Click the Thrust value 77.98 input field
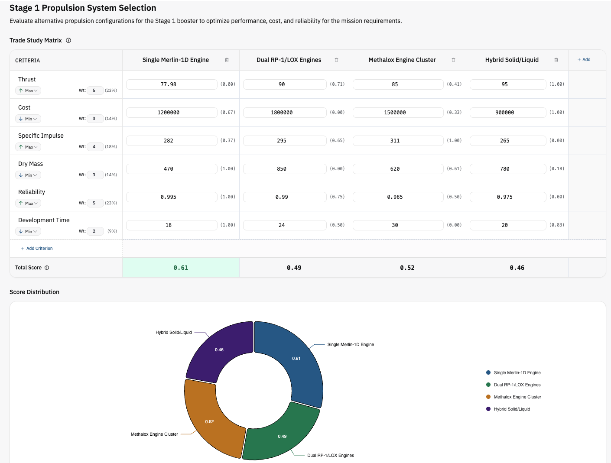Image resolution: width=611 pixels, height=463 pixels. click(x=172, y=84)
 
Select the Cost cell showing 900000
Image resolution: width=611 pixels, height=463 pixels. click(x=507, y=113)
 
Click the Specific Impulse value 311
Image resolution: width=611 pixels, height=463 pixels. click(x=398, y=141)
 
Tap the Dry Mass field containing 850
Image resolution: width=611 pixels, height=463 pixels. click(x=284, y=169)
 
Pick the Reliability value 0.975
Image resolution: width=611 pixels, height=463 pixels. click(x=507, y=197)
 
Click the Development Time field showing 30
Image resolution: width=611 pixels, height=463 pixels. click(x=398, y=225)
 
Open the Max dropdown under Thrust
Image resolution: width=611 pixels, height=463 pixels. click(x=28, y=91)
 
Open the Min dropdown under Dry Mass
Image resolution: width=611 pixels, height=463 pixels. click(x=28, y=175)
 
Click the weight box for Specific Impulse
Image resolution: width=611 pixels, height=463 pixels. click(x=95, y=147)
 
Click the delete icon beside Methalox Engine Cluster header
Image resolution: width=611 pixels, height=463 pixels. click(x=453, y=60)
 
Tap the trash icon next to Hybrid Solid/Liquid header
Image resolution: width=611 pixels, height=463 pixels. click(x=556, y=60)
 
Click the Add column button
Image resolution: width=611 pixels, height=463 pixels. click(x=584, y=60)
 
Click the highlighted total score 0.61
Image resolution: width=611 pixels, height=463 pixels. click(x=181, y=268)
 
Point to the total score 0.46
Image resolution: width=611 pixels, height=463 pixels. click(x=517, y=268)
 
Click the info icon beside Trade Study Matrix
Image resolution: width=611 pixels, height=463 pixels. click(x=68, y=40)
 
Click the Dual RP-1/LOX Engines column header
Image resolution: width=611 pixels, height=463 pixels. click(x=289, y=60)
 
